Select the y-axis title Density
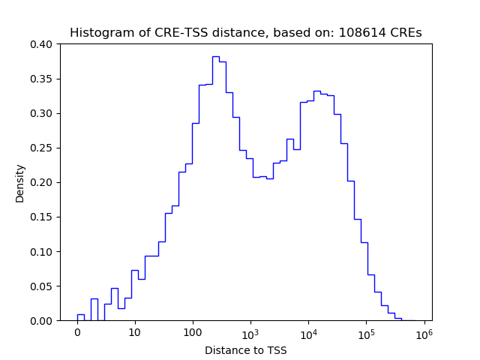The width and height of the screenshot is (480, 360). point(20,183)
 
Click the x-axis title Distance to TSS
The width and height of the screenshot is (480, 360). point(245,349)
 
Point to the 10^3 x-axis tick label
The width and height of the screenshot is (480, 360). point(250,332)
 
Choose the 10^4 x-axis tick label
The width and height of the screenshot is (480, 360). point(308,332)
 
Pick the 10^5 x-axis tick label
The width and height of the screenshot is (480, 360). point(366,332)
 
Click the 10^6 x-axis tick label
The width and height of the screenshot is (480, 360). point(424,332)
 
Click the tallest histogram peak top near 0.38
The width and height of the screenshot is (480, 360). point(215,57)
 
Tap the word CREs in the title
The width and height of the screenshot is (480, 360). point(404,33)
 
